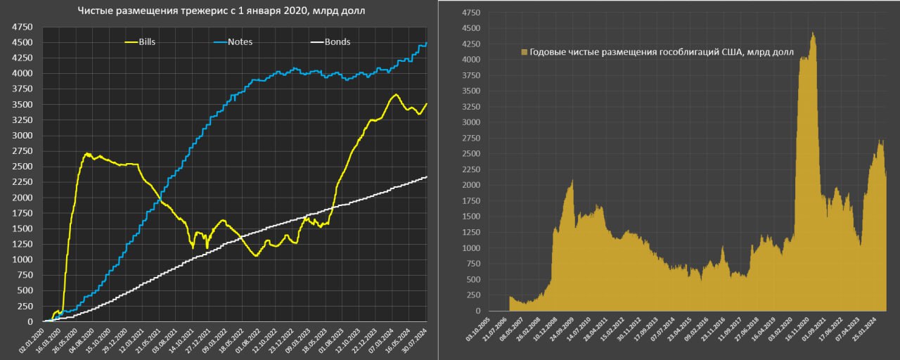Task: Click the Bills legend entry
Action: (147, 42)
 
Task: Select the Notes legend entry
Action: (240, 42)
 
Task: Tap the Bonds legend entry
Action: (337, 42)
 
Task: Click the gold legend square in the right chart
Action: (524, 53)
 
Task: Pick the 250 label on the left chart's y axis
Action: (25, 306)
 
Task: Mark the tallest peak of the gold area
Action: (813, 32)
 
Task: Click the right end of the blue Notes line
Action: (426, 44)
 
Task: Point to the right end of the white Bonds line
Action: (426, 177)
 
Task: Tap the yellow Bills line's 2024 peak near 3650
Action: (396, 94)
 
